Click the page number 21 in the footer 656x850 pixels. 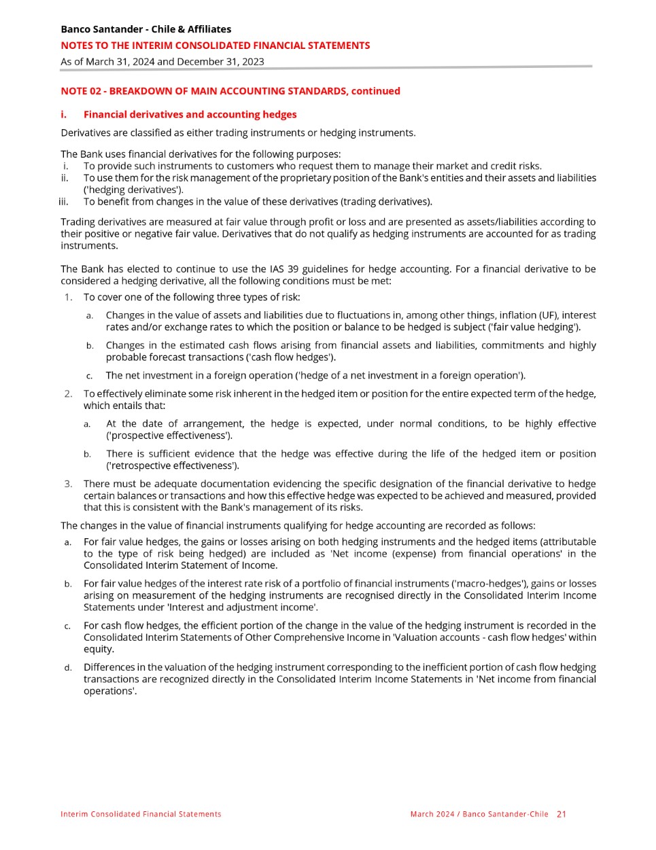[x=561, y=814]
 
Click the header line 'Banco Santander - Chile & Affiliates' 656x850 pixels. [x=145, y=29]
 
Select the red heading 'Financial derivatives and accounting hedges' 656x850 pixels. [x=190, y=114]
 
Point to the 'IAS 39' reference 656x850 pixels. [x=283, y=269]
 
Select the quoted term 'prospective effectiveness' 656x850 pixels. [x=169, y=436]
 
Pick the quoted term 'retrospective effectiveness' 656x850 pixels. [x=172, y=465]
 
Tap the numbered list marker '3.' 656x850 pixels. [x=68, y=484]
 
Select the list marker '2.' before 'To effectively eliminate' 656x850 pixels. [x=68, y=393]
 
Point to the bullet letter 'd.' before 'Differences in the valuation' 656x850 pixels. [x=68, y=668]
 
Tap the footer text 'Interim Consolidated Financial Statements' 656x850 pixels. [x=141, y=814]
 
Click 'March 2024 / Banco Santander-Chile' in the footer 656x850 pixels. [x=479, y=814]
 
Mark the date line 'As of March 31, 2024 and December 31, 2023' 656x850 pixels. [x=162, y=61]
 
